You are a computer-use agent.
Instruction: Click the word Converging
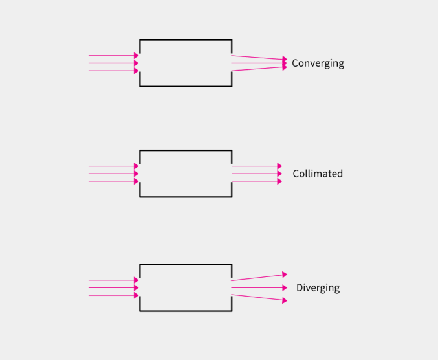[x=318, y=63]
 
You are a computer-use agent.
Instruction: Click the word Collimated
[x=318, y=174]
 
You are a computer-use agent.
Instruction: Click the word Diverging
[x=318, y=288]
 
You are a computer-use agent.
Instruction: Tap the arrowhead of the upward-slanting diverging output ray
[x=285, y=275]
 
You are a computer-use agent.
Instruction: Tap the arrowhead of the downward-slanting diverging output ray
[x=285, y=300]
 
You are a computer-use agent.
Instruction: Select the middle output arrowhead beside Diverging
[x=285, y=287]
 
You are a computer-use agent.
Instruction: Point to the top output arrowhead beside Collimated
[x=279, y=166]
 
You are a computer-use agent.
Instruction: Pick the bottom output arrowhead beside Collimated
[x=279, y=181]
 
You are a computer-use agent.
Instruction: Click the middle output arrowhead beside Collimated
[x=279, y=174]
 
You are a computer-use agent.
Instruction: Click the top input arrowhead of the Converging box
[x=137, y=55]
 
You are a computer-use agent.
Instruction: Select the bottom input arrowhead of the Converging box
[x=137, y=71]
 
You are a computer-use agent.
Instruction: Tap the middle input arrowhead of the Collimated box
[x=137, y=174]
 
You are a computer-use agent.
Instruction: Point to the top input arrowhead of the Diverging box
[x=137, y=280]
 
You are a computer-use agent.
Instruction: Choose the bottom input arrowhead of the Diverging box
[x=137, y=295]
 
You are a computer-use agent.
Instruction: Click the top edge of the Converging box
[x=186, y=39]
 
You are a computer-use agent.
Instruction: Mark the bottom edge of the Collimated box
[x=186, y=197]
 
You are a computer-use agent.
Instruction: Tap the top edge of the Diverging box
[x=186, y=264]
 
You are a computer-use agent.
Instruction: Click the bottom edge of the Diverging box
[x=186, y=311]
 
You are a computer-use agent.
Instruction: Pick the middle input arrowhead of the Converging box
[x=137, y=63]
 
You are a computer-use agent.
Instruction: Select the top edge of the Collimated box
[x=186, y=150]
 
